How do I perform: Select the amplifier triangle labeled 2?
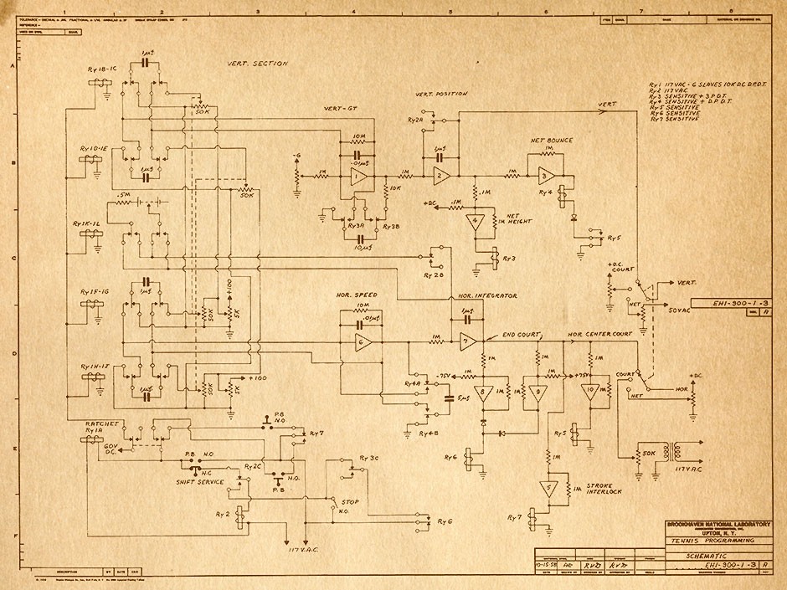click(440, 175)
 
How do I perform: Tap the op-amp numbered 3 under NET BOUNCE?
click(544, 175)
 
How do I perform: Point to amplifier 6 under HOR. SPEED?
click(362, 342)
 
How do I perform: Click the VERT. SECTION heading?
click(257, 64)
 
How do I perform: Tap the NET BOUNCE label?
click(551, 141)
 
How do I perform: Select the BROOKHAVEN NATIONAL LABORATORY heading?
click(718, 523)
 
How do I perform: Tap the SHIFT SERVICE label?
click(199, 482)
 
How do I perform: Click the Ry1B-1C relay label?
click(101, 69)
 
